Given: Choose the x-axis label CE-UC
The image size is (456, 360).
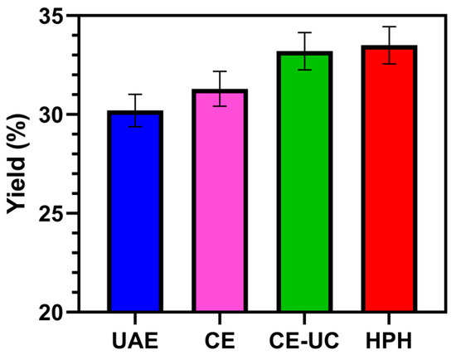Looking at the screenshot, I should tap(304, 340).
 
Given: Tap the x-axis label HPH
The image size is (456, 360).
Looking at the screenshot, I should tap(388, 340).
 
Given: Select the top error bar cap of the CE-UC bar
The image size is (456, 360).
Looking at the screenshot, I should tap(304, 32).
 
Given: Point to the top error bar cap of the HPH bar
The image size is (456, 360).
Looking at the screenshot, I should tap(388, 27).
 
